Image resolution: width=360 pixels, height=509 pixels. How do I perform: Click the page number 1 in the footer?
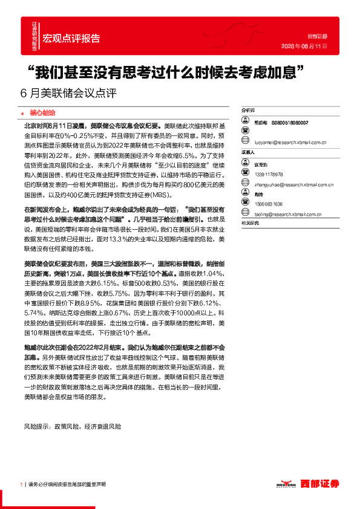click(x=21, y=485)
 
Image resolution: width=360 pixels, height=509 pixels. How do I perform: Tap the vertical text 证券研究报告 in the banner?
click(x=34, y=33)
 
